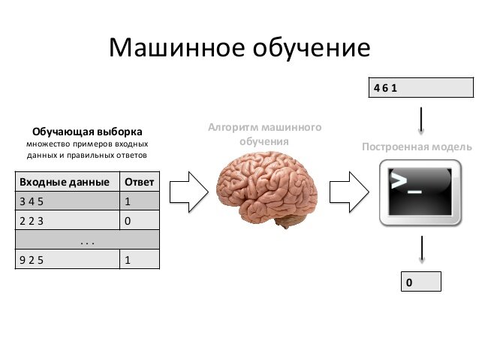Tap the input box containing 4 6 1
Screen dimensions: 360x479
420,87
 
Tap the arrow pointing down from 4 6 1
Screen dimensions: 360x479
421,119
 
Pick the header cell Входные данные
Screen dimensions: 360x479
67,182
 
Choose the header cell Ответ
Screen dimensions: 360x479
139,182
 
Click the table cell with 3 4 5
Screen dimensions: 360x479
67,201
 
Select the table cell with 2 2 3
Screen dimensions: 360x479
67,221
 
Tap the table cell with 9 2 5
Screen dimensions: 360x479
67,260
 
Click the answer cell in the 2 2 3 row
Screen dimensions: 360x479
139,221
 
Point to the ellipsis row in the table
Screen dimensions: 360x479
87,241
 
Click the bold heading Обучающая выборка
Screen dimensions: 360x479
87,131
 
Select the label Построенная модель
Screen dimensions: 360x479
417,147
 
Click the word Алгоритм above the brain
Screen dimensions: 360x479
231,128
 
